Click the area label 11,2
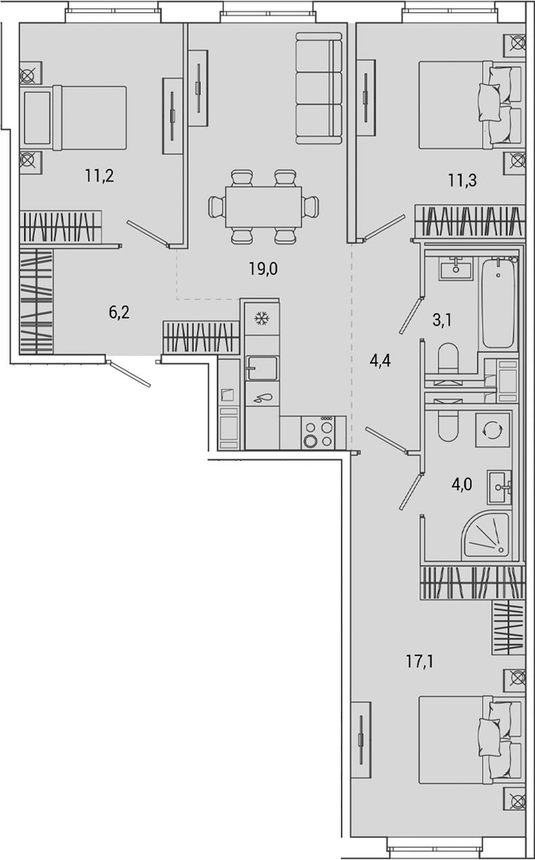[x=99, y=177]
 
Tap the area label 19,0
[x=263, y=269]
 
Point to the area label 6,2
[x=119, y=312]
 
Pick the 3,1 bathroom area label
[x=442, y=319]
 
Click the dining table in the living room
[x=263, y=207]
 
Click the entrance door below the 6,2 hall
[x=133, y=373]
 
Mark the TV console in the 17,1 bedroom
[x=362, y=740]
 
